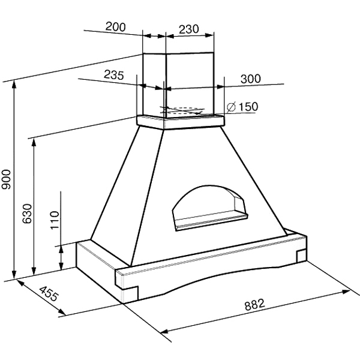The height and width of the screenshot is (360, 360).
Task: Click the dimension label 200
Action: tap(115, 27)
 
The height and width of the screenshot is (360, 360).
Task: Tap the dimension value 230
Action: tap(189, 29)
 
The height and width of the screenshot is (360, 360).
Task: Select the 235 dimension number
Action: tap(114, 74)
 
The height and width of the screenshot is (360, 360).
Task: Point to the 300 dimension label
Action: tap(251, 79)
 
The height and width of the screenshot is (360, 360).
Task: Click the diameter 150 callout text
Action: tap(242, 107)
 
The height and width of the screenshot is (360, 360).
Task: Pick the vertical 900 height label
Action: tap(6, 179)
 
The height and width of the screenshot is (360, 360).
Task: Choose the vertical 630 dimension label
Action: tap(27, 214)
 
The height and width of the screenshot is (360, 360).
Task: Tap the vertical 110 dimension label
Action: tap(55, 220)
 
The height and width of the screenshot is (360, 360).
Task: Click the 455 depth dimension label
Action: tap(49, 293)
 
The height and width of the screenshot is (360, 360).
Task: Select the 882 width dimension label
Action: tap(254, 305)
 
